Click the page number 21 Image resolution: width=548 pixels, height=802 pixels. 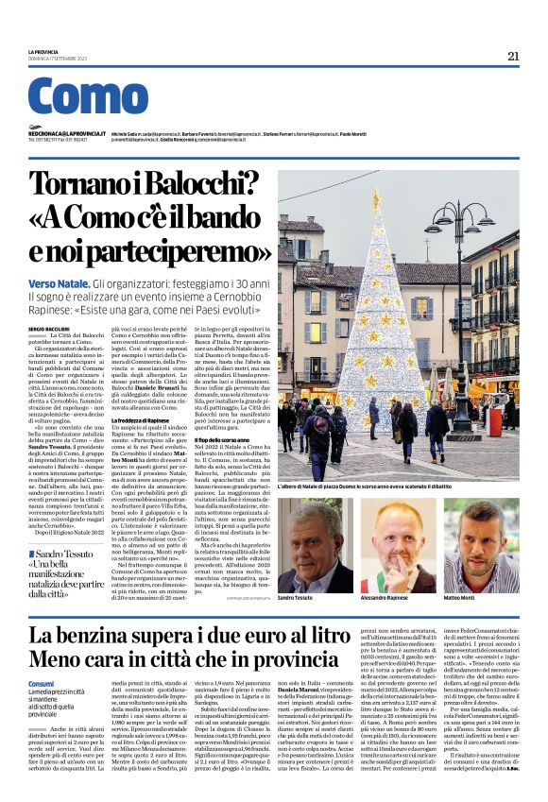pos(513,56)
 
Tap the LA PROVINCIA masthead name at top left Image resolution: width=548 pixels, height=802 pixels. pos(43,52)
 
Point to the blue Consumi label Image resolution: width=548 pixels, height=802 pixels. pos(42,683)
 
